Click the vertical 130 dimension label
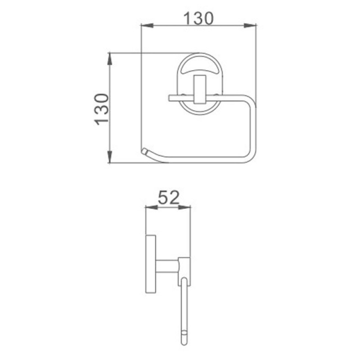click(x=102, y=109)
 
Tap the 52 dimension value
click(x=168, y=198)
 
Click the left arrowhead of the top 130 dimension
click(x=147, y=26)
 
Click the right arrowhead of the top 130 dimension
click(x=250, y=26)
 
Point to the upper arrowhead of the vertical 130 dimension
click(x=110, y=59)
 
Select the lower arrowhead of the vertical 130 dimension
click(x=110, y=157)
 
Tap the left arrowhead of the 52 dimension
click(x=152, y=207)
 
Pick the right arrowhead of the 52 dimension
click(x=184, y=207)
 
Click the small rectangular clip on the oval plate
click(x=200, y=89)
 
